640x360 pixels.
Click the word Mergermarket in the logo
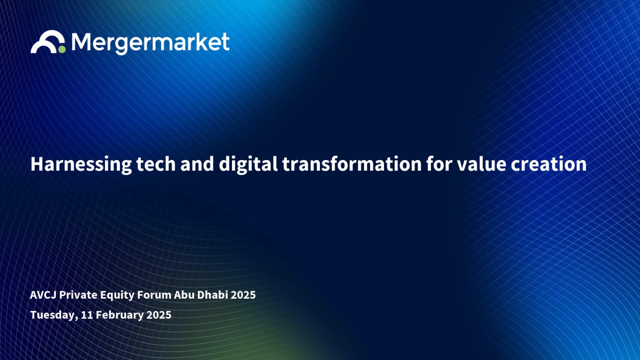[x=150, y=43]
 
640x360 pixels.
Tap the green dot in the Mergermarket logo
[x=62, y=49]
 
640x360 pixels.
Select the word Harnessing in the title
[x=81, y=165]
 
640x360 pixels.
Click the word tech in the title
[x=156, y=164]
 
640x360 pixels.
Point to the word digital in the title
[x=249, y=165]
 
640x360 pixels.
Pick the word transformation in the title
[x=352, y=164]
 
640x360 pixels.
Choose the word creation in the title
[x=549, y=164]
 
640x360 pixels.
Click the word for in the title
[x=439, y=164]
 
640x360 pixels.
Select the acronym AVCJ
[x=43, y=295]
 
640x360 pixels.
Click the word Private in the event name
[x=78, y=294]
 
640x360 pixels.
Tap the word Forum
[x=154, y=294]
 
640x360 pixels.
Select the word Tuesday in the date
[x=54, y=315]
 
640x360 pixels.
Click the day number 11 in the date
[x=87, y=315]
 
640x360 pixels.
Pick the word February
[x=119, y=315]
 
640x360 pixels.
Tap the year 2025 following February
[x=159, y=315]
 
